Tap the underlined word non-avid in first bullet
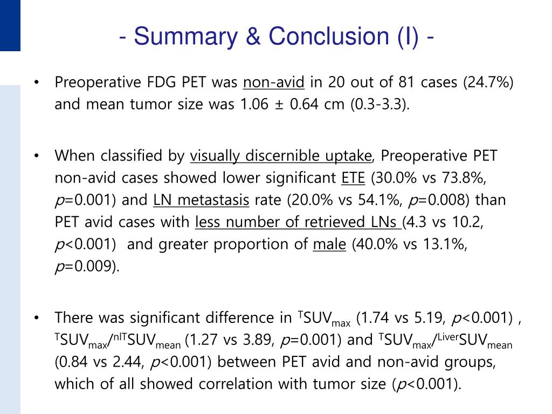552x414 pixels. pos(274,82)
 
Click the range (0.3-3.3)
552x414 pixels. pos(379,104)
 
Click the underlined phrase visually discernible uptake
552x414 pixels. pos(281,156)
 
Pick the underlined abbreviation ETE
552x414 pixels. pos(354,178)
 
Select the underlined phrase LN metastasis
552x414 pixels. pos(201,200)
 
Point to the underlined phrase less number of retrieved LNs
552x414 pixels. pos(298,222)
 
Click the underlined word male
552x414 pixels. pos(329,244)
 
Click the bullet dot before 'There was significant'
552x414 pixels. pos(36,318)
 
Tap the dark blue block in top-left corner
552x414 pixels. pos(10,25)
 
